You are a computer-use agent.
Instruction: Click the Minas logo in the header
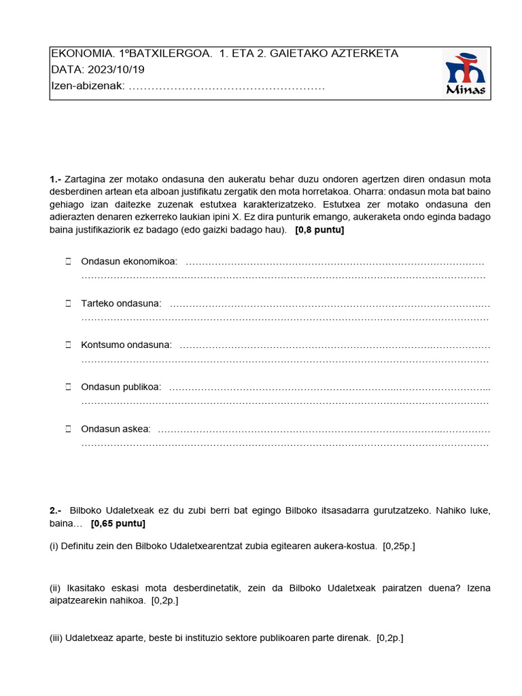point(465,74)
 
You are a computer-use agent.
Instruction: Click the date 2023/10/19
point(115,70)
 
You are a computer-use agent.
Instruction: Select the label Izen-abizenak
point(87,86)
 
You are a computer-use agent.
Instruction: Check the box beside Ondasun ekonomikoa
point(68,262)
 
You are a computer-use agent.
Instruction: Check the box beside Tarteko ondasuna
point(68,303)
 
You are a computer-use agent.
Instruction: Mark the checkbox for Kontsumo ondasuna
point(68,345)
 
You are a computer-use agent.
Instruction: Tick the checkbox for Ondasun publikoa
point(68,387)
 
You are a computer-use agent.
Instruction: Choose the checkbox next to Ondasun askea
point(68,429)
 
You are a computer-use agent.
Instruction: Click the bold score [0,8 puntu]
point(319,230)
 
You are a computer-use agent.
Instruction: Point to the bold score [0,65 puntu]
point(118,523)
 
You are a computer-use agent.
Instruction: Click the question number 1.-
point(56,179)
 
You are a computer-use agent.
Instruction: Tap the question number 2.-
point(56,510)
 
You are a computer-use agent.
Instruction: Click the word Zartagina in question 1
point(85,179)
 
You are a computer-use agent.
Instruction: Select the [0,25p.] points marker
point(399,546)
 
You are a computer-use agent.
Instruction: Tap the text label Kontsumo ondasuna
point(126,345)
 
